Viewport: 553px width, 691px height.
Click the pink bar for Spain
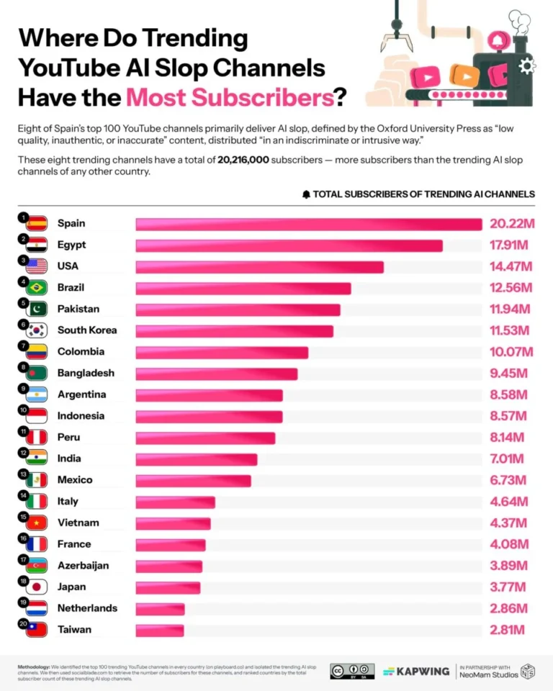click(308, 225)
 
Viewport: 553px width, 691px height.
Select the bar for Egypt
click(289, 245)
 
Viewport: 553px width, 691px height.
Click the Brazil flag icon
click(36, 288)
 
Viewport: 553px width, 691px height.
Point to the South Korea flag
click(36, 330)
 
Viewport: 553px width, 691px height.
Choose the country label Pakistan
click(78, 309)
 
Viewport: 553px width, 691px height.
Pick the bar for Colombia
click(222, 352)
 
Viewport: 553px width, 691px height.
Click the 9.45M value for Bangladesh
click(508, 373)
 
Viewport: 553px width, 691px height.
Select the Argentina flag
click(36, 394)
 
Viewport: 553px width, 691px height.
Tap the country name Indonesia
click(81, 415)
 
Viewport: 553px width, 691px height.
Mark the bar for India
click(196, 459)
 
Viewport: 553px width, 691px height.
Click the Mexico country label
click(75, 479)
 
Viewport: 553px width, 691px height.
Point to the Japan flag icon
click(36, 587)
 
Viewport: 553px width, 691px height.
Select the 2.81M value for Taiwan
click(508, 630)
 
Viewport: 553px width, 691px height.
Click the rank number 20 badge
click(23, 623)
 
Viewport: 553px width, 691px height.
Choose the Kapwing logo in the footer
click(415, 671)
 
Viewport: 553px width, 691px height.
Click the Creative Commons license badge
click(352, 671)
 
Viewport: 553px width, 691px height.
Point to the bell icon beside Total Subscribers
click(306, 194)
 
